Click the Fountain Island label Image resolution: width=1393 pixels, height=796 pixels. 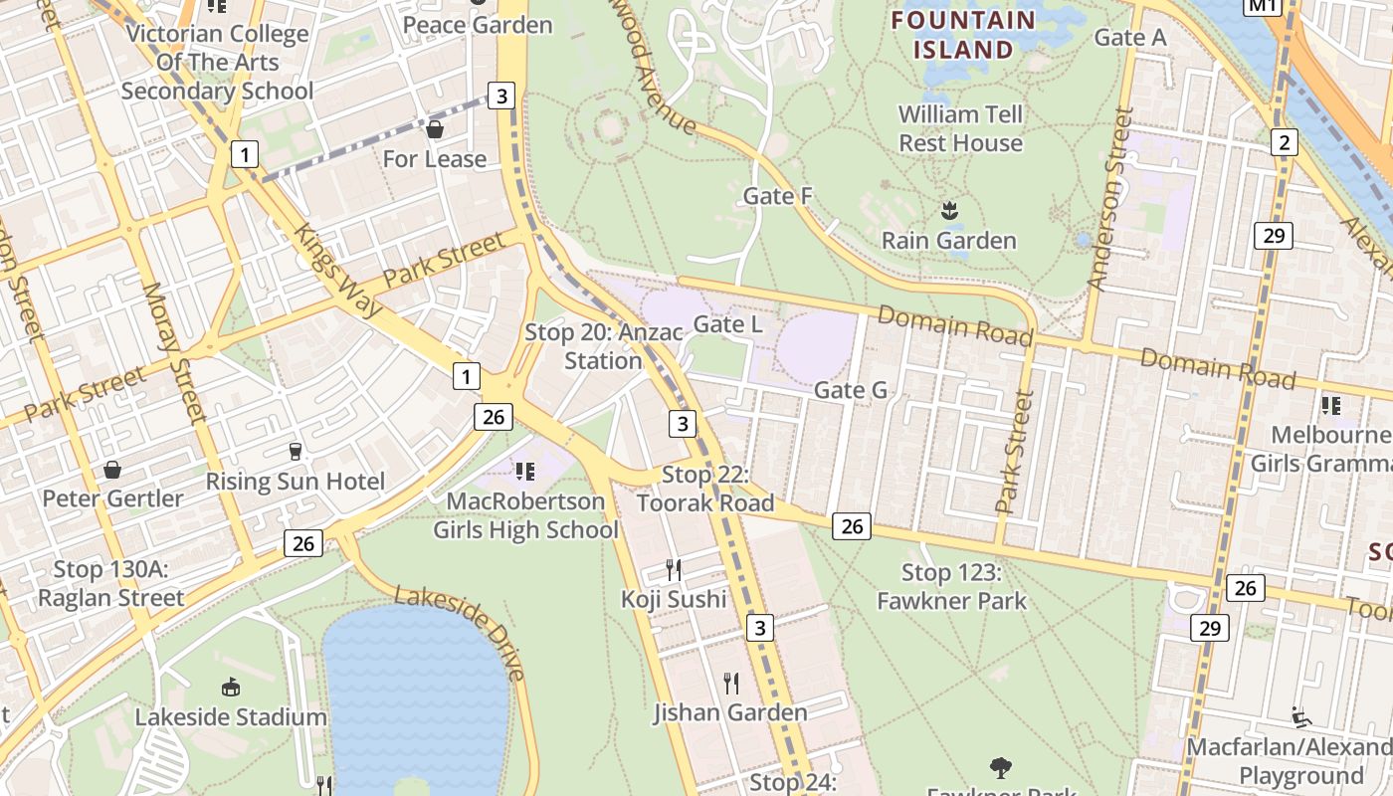click(962, 34)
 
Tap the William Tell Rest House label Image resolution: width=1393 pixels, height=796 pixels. click(960, 128)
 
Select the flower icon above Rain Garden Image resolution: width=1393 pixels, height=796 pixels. click(949, 210)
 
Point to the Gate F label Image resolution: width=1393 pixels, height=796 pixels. click(778, 196)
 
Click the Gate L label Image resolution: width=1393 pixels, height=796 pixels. click(727, 324)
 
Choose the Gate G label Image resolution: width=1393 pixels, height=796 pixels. click(850, 390)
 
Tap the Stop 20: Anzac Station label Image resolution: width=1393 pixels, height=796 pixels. click(603, 346)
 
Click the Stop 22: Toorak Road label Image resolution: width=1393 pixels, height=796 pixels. click(704, 489)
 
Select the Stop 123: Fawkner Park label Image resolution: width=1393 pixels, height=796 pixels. click(950, 586)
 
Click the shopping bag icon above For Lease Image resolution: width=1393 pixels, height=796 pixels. click(435, 129)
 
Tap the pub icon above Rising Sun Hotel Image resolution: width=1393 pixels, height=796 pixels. click(295, 452)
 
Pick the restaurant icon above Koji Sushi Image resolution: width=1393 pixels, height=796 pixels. click(674, 570)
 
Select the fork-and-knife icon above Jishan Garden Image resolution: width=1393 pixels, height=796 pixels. click(730, 683)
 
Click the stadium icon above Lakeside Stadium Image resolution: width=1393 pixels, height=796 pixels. click(231, 687)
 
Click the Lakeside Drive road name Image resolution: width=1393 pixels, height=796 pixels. click(460, 633)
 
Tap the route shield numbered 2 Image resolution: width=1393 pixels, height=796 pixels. click(1284, 143)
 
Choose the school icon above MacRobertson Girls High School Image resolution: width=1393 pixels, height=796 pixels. click(524, 470)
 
